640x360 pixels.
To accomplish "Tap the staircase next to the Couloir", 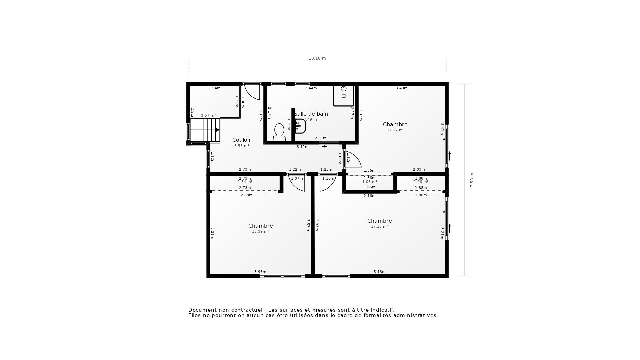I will [x=205, y=130].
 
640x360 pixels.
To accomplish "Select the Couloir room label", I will [x=241, y=140].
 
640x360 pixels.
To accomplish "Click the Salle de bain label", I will [x=311, y=114].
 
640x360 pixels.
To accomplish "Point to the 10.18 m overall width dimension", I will [x=317, y=58].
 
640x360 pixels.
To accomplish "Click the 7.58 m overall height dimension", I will [x=472, y=180].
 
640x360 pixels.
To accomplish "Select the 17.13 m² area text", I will [x=379, y=227].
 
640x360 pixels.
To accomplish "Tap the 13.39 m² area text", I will [x=260, y=232].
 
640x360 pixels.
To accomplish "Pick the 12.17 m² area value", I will [x=395, y=130].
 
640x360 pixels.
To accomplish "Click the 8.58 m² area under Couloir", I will [x=241, y=146].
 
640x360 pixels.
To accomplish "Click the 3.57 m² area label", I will [x=208, y=116].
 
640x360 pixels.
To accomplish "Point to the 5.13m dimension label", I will [x=379, y=272].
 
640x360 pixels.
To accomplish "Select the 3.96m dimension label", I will [x=260, y=272].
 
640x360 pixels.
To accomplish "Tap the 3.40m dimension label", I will [x=401, y=88].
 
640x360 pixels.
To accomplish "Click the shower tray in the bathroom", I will [x=343, y=96].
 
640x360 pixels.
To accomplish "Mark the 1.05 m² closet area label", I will [x=369, y=182].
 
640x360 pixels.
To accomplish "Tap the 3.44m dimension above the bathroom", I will [x=311, y=88].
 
